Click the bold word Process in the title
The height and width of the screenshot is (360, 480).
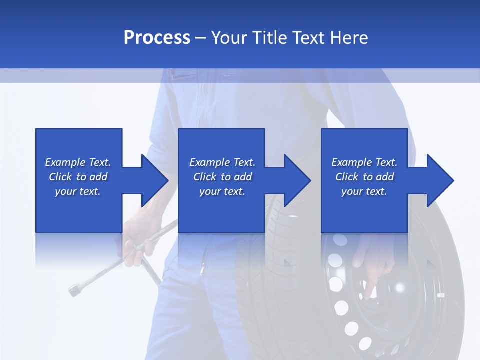pos(157,38)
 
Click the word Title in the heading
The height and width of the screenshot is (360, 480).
pos(268,38)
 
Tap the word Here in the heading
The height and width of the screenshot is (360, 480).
pos(349,38)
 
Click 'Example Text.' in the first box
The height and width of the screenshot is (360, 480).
pos(78,162)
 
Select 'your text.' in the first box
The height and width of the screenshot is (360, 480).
pos(78,191)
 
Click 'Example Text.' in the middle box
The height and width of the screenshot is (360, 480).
pos(222,162)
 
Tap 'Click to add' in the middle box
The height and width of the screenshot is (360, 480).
pos(222,177)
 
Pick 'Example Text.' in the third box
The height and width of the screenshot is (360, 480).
pos(364,162)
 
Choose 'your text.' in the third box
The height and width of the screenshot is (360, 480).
pos(364,191)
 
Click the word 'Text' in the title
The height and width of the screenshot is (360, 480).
pos(308,38)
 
